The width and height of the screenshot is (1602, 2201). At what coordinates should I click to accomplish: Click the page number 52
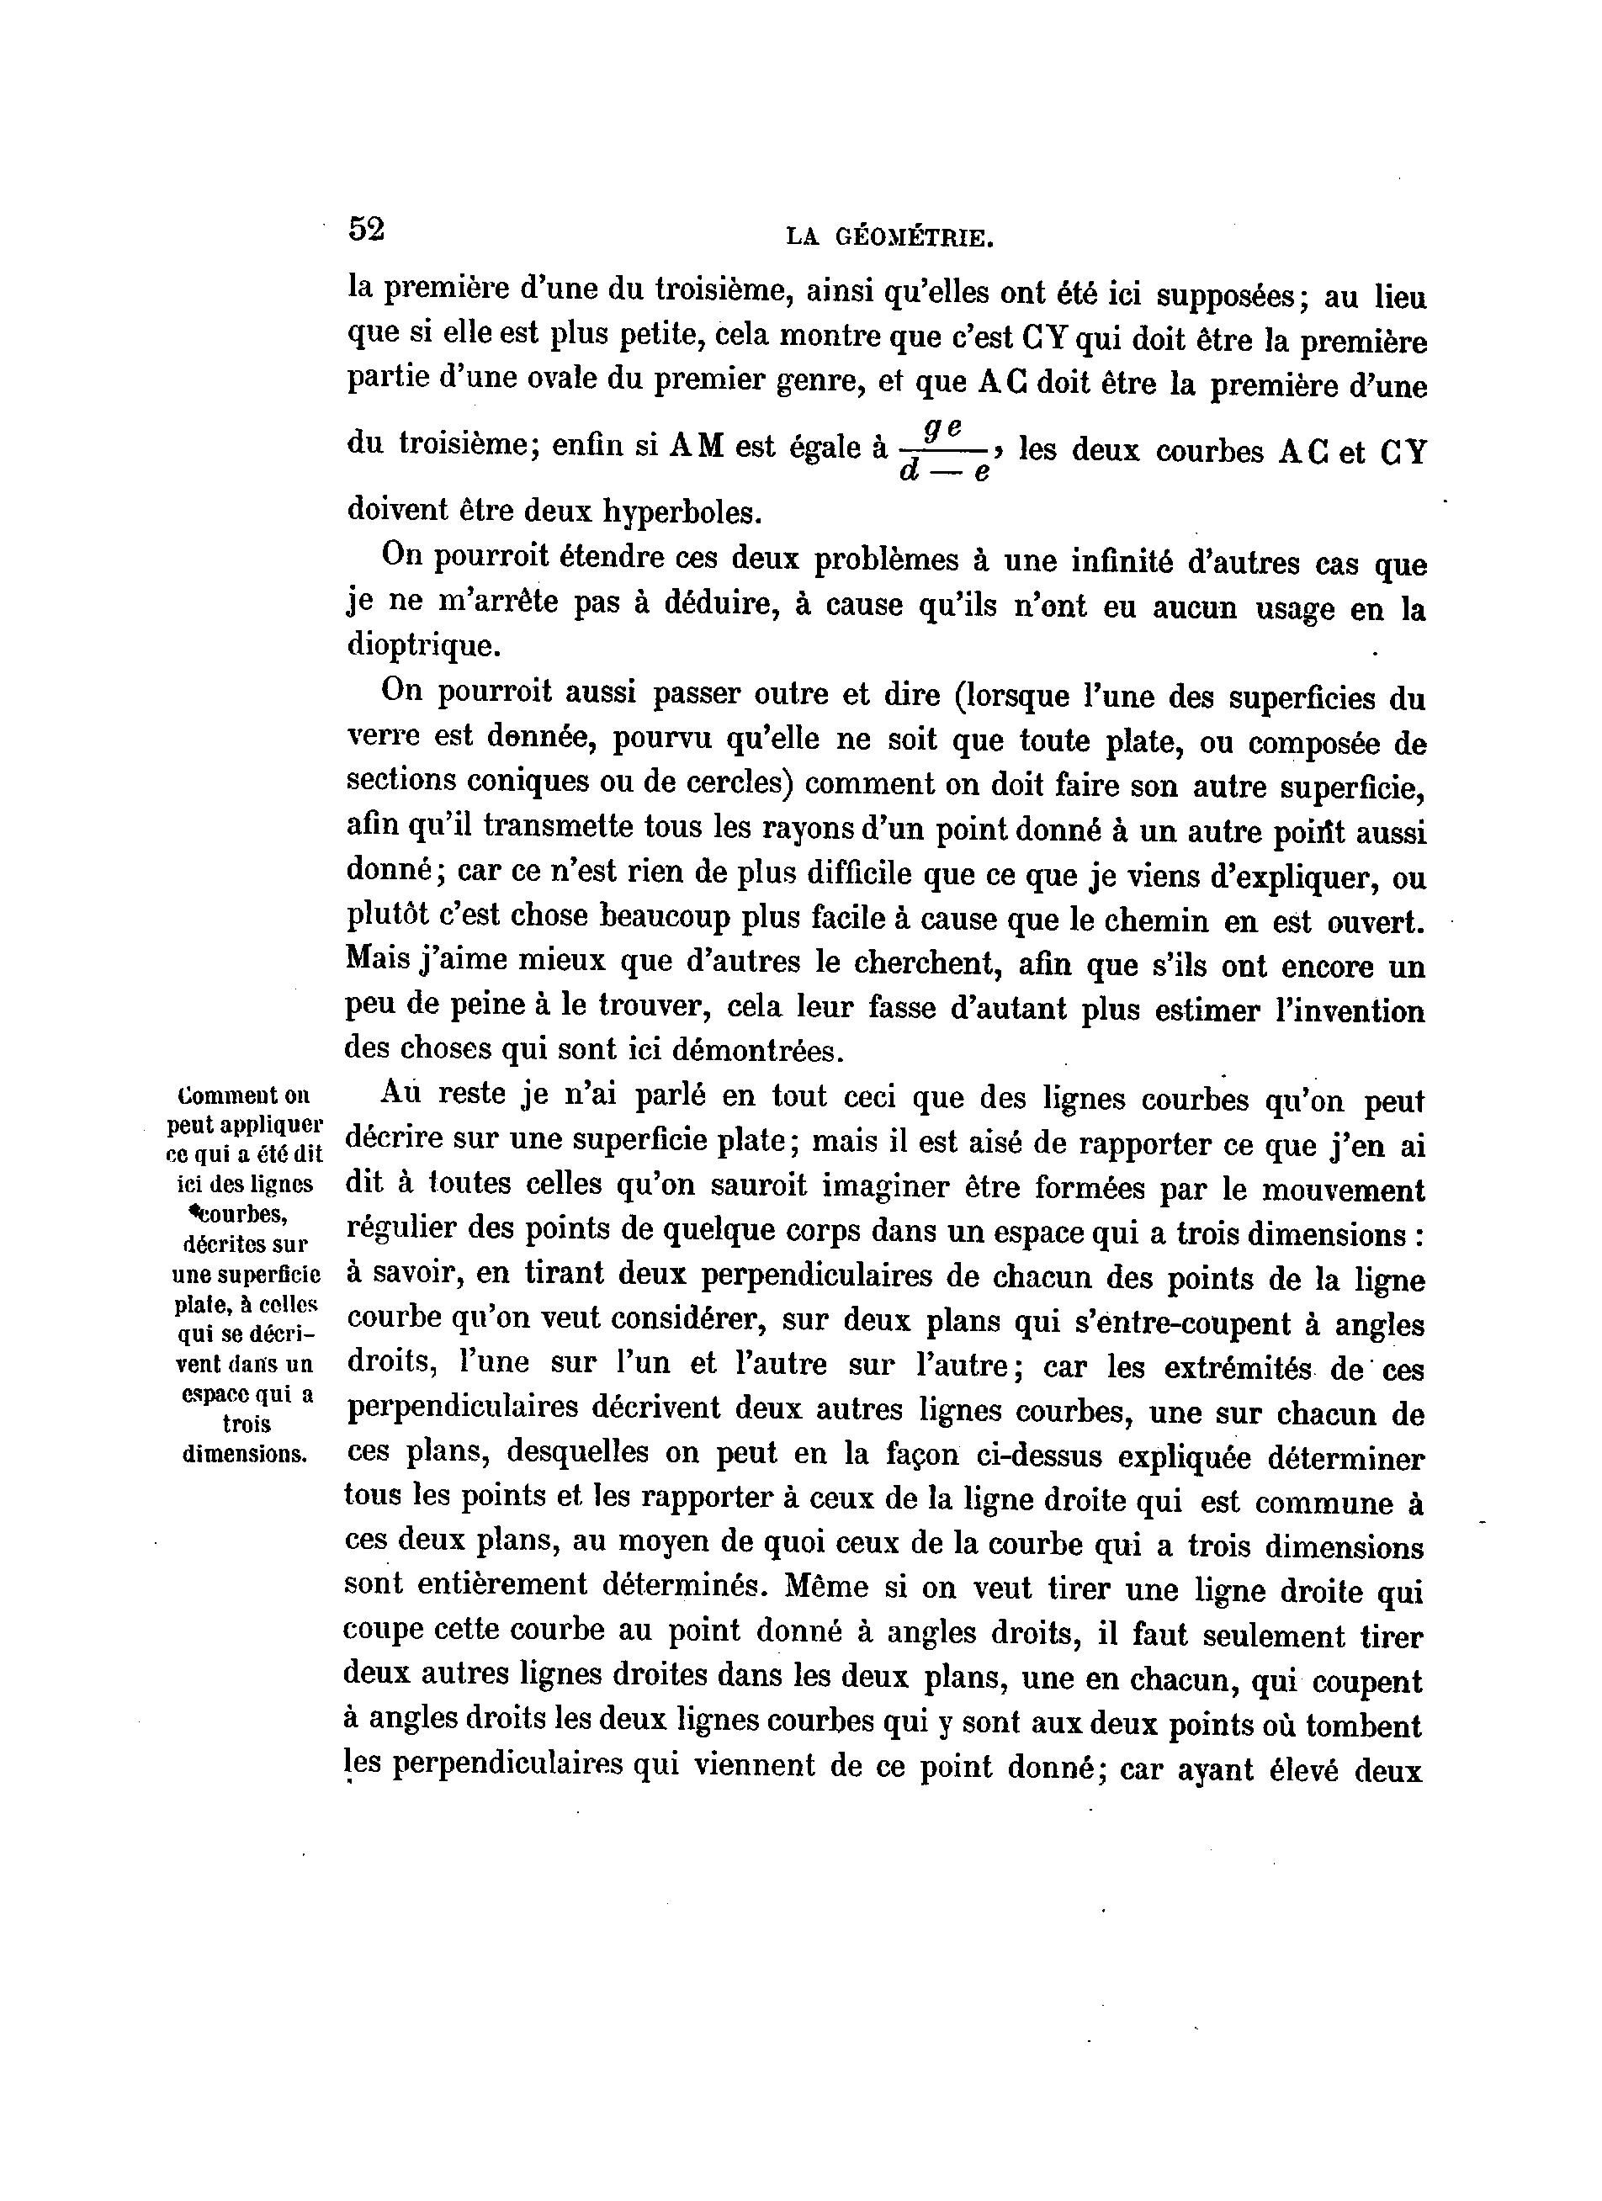[367, 229]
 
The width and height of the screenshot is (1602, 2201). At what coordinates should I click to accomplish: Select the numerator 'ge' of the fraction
[942, 426]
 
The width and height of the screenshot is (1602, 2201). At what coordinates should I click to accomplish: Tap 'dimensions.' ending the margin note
[245, 1455]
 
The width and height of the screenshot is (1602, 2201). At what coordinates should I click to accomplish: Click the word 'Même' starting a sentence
[825, 1587]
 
